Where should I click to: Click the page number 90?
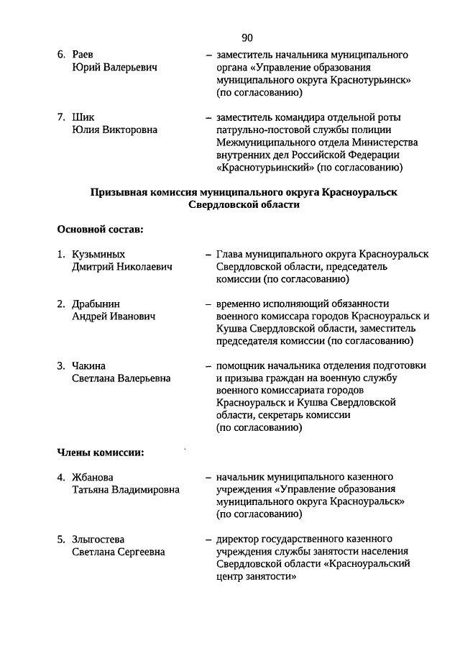(x=247, y=37)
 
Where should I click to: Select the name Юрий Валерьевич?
(x=114, y=68)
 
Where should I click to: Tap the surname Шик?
(x=83, y=117)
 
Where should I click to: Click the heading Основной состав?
(x=100, y=229)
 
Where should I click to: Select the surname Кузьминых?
(x=98, y=255)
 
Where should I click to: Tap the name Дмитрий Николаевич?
(x=122, y=268)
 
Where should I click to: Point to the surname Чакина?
(x=88, y=365)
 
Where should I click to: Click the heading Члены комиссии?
(x=101, y=452)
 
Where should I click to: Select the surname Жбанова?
(x=93, y=477)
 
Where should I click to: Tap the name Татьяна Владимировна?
(x=126, y=490)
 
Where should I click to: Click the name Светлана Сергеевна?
(x=119, y=552)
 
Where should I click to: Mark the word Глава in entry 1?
(x=229, y=255)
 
